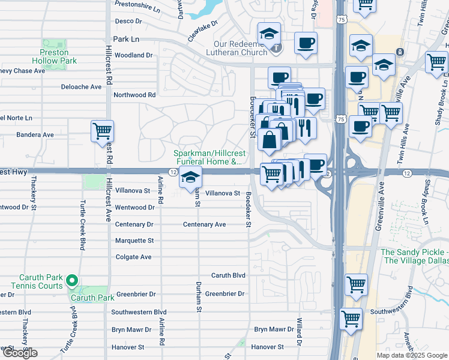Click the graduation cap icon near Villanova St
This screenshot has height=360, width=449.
click(190, 178)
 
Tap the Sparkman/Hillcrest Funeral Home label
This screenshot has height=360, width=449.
click(208, 157)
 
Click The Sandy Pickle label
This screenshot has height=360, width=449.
click(414, 256)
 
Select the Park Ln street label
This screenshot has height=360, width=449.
click(126, 38)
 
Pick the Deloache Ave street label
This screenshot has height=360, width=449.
click(81, 87)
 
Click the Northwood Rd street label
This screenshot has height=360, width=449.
click(134, 95)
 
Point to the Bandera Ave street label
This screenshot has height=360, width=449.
click(35, 135)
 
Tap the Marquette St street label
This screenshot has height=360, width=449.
click(134, 241)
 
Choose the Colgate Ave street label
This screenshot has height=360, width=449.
click(133, 257)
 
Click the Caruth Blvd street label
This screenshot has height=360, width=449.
click(228, 275)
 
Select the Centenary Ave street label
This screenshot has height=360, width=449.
click(204, 224)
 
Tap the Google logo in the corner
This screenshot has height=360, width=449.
click(19, 353)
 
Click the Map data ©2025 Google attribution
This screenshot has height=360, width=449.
click(412, 355)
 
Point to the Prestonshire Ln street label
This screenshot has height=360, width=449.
click(138, 10)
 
